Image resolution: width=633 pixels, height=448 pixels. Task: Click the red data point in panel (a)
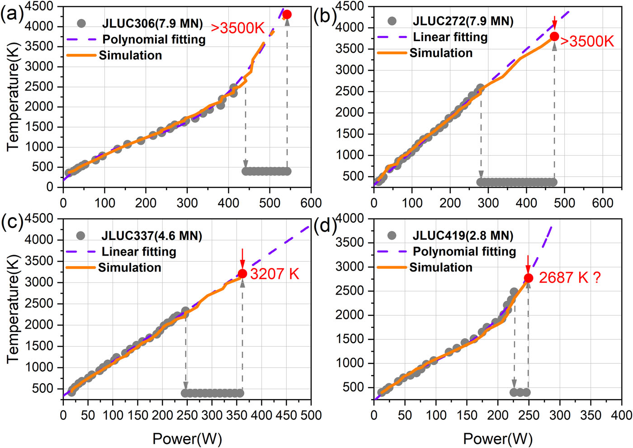tap(287, 14)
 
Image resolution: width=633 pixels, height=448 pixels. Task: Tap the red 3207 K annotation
tap(274, 274)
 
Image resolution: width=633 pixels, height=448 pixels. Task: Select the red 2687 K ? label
tap(570, 277)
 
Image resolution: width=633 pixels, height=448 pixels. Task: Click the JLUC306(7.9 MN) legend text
tap(152, 24)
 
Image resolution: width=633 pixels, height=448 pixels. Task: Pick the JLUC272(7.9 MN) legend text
tap(463, 21)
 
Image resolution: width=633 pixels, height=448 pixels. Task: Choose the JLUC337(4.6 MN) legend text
tap(151, 236)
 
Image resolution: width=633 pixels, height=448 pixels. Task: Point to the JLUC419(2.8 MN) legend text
tap(463, 236)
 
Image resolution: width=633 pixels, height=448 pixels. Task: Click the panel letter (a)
tap(12, 14)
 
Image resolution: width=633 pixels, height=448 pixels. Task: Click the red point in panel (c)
tap(242, 274)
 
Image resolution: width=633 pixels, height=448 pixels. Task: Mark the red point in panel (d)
tap(528, 278)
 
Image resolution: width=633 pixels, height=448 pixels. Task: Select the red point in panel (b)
tap(554, 37)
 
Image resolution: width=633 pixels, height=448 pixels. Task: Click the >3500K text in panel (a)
tap(237, 28)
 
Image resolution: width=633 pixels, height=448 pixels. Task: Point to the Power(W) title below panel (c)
tap(187, 438)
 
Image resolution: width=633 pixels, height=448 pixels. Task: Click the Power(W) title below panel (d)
tap(498, 438)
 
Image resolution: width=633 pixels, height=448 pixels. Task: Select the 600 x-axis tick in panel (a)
tap(311, 203)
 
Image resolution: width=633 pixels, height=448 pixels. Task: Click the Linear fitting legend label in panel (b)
tap(450, 37)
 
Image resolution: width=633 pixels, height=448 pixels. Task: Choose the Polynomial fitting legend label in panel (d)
tap(464, 252)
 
